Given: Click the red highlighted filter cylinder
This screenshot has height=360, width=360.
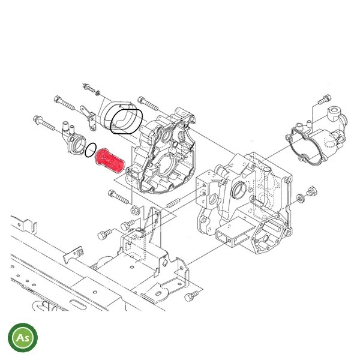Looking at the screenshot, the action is pyautogui.click(x=110, y=160).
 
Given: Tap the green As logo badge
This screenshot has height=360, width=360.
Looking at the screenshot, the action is pyautogui.click(x=23, y=337).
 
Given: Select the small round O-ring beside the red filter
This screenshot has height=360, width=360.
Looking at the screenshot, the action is pyautogui.click(x=91, y=150).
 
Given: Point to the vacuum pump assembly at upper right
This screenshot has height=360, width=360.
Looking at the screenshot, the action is pyautogui.click(x=316, y=136).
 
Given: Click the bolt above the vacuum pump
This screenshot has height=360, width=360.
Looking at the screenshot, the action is pyautogui.click(x=325, y=99).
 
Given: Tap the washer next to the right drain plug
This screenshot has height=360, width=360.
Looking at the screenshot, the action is pyautogui.click(x=301, y=198).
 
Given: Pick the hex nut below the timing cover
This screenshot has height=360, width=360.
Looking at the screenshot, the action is pyautogui.click(x=135, y=210).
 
